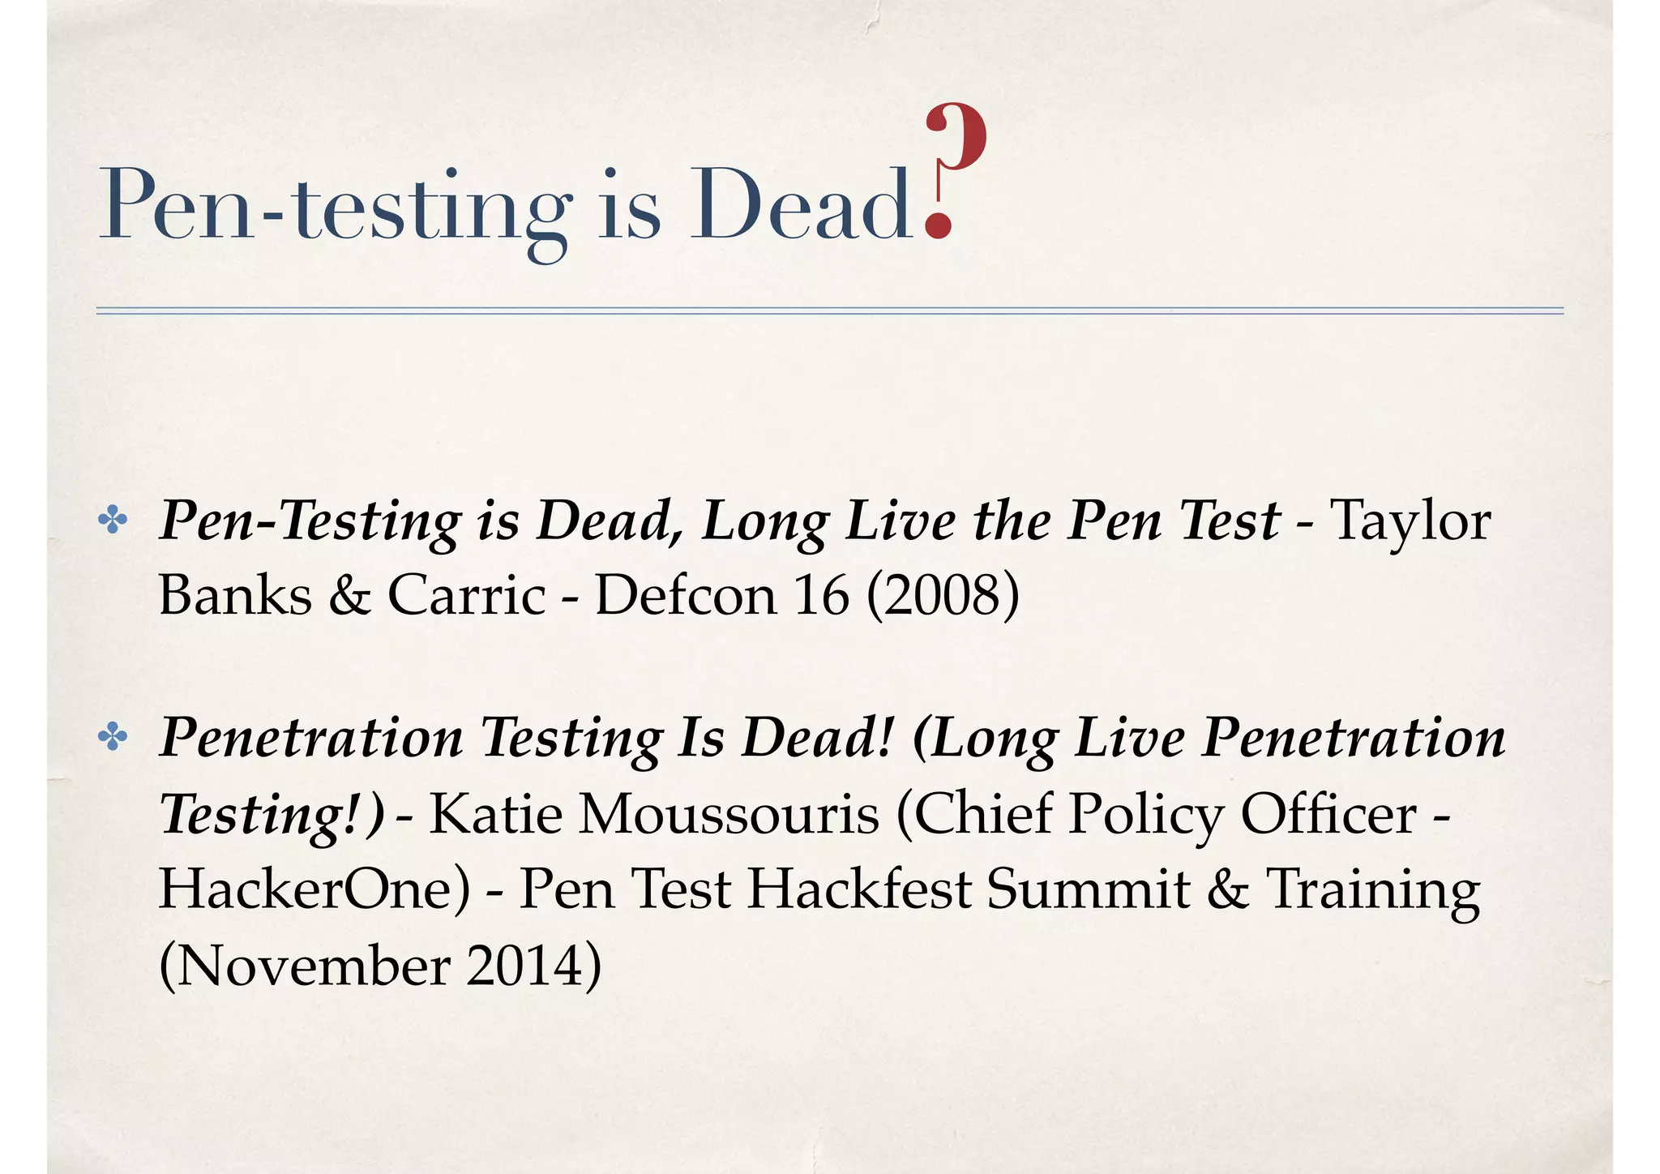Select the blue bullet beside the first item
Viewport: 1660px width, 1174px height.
click(112, 521)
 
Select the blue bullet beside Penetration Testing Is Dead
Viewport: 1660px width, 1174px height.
click(112, 738)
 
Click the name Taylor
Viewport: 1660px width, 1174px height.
click(1410, 521)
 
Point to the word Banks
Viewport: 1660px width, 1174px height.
click(235, 596)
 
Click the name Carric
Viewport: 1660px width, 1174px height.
click(467, 596)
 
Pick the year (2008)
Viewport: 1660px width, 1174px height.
click(943, 596)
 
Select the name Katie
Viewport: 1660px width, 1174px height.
click(495, 813)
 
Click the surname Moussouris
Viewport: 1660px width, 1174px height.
click(729, 813)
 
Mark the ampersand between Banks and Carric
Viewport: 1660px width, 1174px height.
click(349, 596)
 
